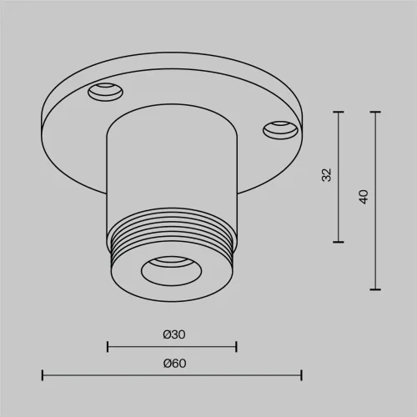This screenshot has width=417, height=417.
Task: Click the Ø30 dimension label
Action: (x=174, y=334)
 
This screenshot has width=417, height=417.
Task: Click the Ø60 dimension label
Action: (x=174, y=364)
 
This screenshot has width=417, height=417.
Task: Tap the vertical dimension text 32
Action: (x=327, y=175)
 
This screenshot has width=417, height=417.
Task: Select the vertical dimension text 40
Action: (x=364, y=197)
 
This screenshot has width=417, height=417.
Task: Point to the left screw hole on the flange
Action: (x=105, y=92)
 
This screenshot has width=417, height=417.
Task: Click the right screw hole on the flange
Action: (x=280, y=130)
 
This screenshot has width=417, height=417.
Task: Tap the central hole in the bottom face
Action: (x=171, y=271)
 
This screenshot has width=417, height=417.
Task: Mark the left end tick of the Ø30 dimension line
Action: (x=108, y=347)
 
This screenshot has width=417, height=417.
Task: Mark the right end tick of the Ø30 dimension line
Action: (x=236, y=347)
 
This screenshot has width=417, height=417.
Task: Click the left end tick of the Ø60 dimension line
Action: (x=43, y=375)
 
